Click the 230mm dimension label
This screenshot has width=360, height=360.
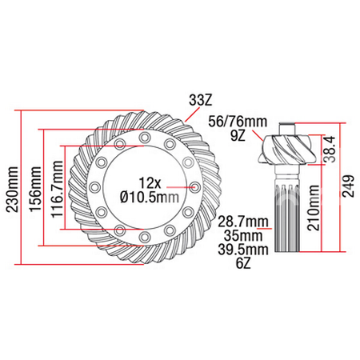click(x=13, y=190)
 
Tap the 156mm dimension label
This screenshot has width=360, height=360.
click(x=35, y=190)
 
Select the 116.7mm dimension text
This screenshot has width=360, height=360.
click(x=58, y=190)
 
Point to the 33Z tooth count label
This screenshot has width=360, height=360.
click(x=201, y=100)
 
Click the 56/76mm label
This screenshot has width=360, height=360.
click(x=238, y=122)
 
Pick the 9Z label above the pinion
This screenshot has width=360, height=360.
click(x=238, y=136)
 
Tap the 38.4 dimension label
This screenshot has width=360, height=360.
click(x=330, y=149)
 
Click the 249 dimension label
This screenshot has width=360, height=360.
click(x=348, y=186)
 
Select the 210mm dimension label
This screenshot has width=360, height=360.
click(x=314, y=207)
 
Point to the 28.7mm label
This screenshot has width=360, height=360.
click(x=243, y=222)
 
